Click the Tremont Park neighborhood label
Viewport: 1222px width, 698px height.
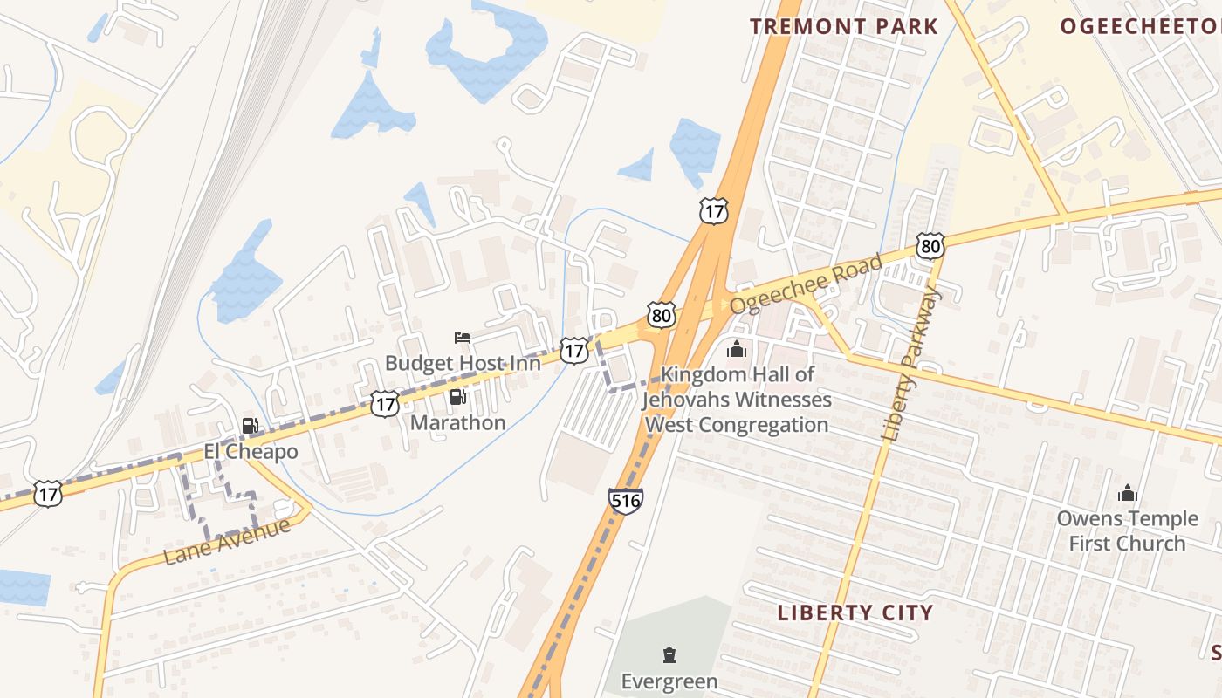click(x=843, y=26)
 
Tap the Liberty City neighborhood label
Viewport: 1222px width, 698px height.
click(x=855, y=612)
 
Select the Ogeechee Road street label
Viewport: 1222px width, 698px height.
click(x=807, y=284)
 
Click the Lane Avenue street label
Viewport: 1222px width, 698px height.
click(x=226, y=542)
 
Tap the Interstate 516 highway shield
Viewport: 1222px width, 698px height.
click(x=626, y=501)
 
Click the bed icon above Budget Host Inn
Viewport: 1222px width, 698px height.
click(x=463, y=338)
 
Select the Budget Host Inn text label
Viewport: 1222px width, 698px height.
click(x=463, y=362)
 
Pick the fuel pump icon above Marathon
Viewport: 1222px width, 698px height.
click(x=457, y=398)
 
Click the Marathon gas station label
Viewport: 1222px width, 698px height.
click(x=457, y=423)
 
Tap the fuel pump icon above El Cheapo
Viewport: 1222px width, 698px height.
click(x=251, y=427)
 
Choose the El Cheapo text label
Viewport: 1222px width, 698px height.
click(x=251, y=452)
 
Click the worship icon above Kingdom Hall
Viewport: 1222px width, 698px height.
click(x=737, y=350)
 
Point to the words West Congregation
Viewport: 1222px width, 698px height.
click(x=737, y=425)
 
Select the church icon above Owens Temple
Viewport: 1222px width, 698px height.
click(x=1128, y=494)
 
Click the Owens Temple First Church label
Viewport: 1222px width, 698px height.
click(x=1128, y=530)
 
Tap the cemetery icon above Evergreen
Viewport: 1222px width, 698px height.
click(x=669, y=655)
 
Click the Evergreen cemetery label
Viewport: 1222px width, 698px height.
click(x=669, y=681)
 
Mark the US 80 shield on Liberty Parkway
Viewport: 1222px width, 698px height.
click(x=930, y=246)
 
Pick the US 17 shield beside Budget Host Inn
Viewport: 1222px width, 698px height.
click(x=573, y=351)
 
